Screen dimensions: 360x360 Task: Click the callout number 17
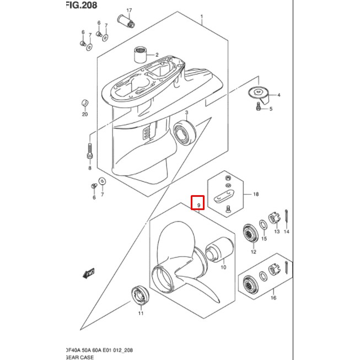130,10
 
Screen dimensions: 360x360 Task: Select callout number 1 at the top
202,17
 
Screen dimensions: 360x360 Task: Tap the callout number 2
157,55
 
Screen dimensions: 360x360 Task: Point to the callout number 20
85,115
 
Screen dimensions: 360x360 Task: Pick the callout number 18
255,195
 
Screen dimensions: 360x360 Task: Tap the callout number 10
223,267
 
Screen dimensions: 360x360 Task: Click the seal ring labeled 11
140,296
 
